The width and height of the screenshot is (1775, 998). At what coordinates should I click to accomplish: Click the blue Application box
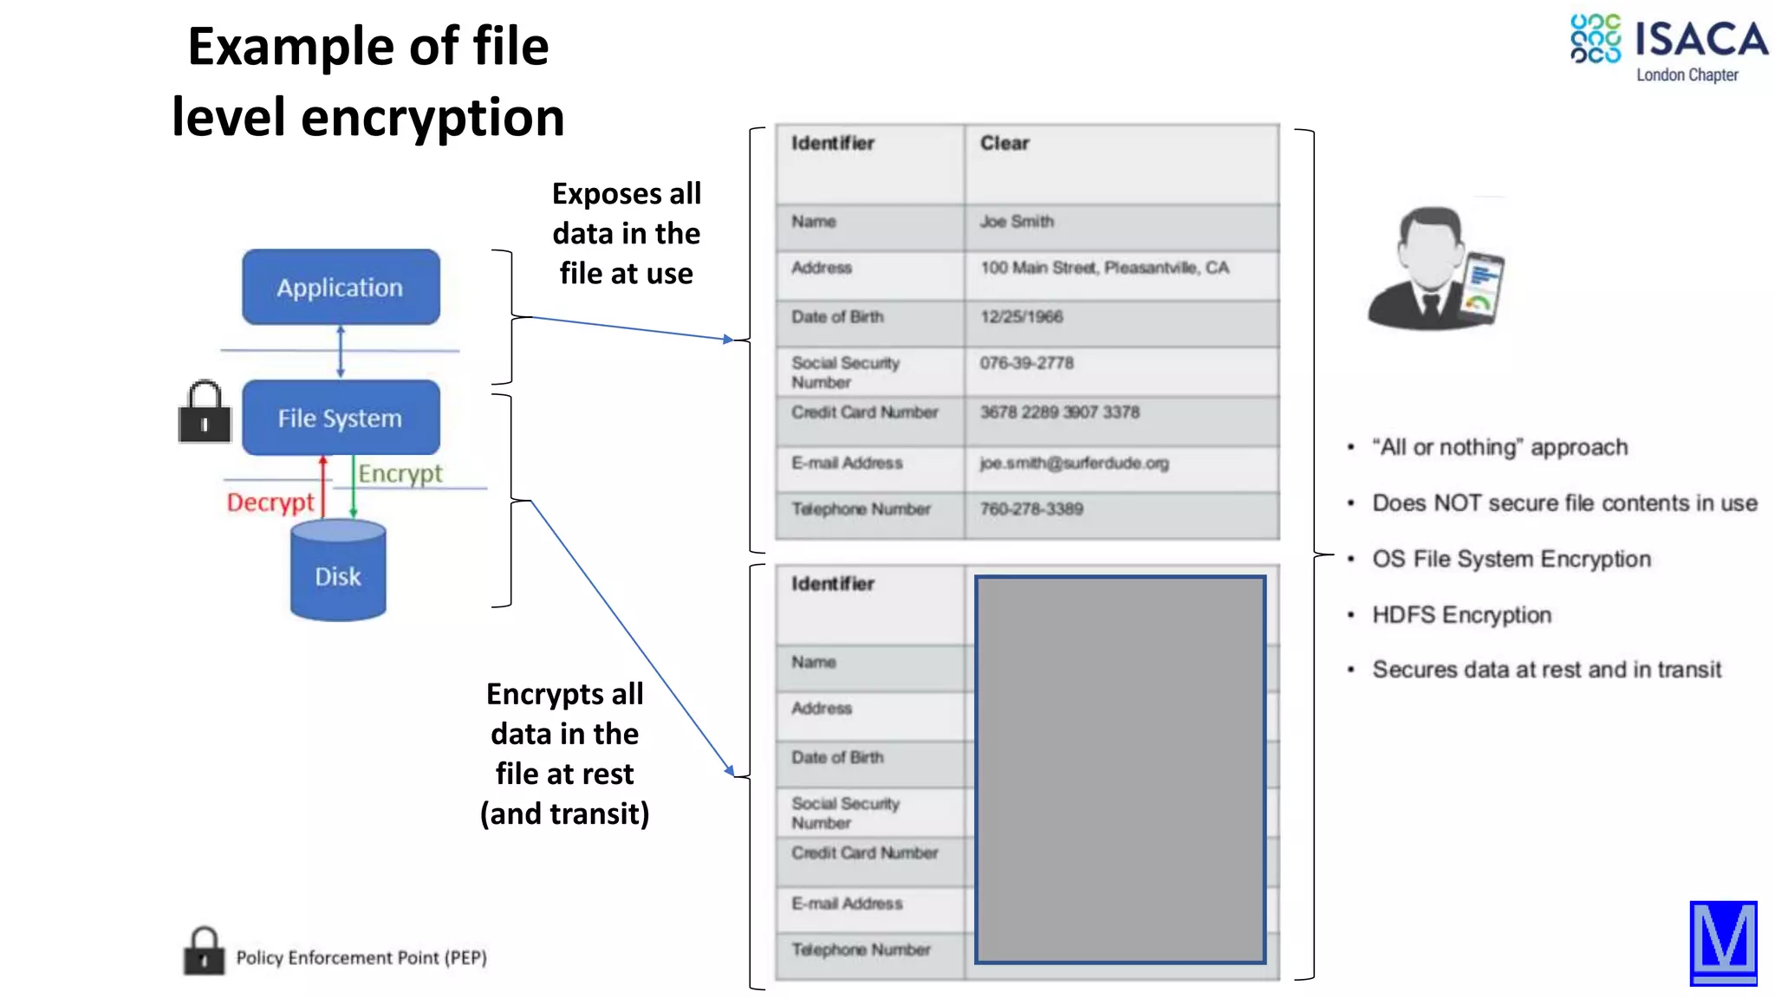(x=341, y=288)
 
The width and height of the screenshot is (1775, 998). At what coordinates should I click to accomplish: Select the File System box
(x=341, y=418)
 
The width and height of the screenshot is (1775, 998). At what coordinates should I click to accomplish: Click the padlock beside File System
(x=205, y=413)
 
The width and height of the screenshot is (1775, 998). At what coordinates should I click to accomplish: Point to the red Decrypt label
(x=270, y=502)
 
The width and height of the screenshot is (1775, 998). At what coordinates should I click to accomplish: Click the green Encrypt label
(x=400, y=474)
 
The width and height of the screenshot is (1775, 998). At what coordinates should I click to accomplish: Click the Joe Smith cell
(x=1017, y=222)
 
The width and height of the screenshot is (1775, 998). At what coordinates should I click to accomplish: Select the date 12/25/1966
(x=1021, y=317)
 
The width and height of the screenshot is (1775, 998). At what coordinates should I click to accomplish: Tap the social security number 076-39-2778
(x=1026, y=363)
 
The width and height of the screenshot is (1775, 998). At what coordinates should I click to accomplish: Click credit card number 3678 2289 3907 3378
(x=1059, y=412)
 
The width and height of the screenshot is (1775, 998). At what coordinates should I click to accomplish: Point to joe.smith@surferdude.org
(x=1074, y=463)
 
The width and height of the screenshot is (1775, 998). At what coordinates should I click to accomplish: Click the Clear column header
(x=1005, y=144)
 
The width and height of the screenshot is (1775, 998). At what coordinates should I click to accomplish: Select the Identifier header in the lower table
(x=832, y=584)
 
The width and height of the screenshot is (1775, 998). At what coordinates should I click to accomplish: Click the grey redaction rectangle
(x=1120, y=769)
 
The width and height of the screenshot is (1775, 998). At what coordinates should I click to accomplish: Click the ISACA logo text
(x=1700, y=40)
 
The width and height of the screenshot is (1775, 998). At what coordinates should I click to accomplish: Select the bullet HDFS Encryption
(x=1461, y=615)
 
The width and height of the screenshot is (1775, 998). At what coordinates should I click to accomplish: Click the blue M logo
(x=1723, y=943)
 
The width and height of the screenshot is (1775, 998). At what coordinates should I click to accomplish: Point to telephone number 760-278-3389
(x=1031, y=509)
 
